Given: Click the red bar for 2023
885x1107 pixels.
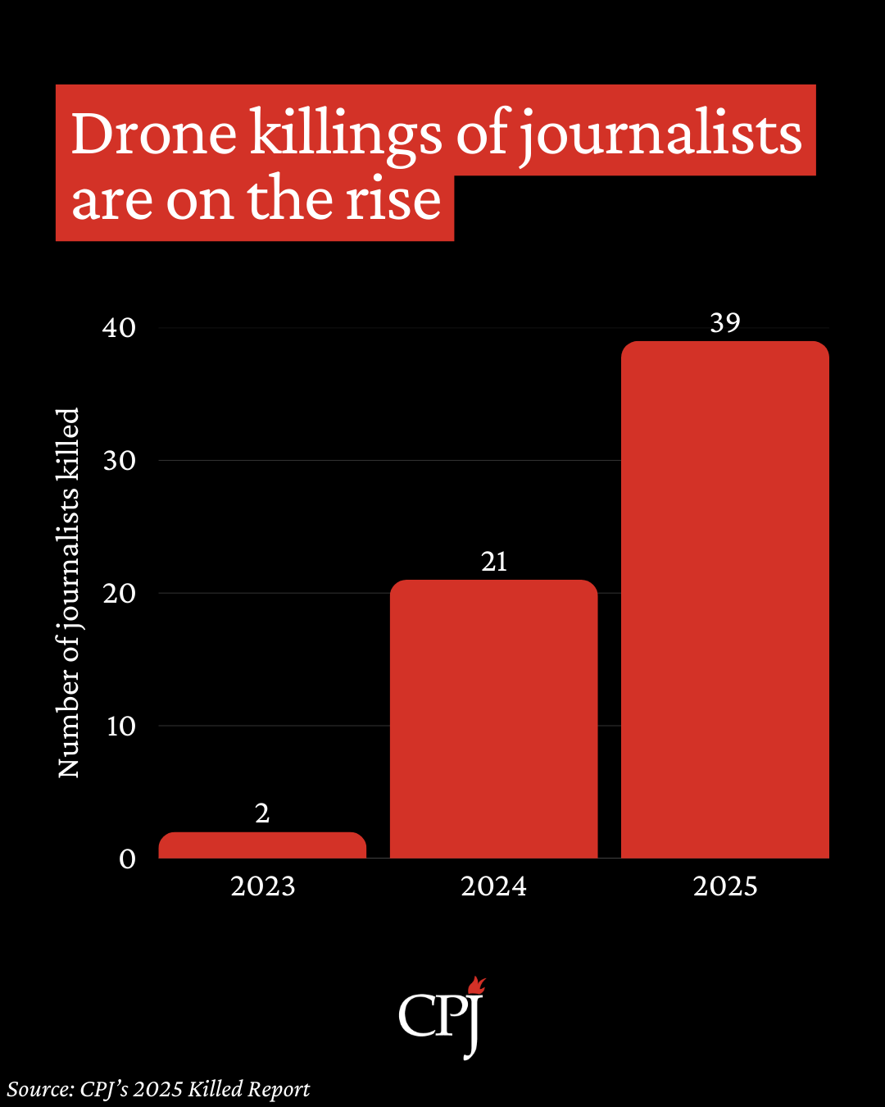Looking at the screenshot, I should tap(262, 845).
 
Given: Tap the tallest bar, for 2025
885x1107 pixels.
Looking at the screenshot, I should tap(725, 599).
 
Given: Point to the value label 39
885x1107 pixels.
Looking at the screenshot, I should tap(725, 323).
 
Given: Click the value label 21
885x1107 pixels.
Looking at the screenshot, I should tap(494, 562).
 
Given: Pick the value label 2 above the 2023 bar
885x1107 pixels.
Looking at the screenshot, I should tap(262, 813).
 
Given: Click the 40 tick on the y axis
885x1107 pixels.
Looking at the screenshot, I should tap(120, 328).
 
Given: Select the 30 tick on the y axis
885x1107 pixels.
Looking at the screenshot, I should tap(120, 461).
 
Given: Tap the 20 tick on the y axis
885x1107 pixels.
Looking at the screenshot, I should tap(120, 594).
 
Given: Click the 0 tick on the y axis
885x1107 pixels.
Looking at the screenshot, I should tap(127, 859).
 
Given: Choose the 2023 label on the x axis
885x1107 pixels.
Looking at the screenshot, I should tap(262, 886).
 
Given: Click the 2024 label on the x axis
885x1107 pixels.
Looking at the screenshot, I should tap(493, 886).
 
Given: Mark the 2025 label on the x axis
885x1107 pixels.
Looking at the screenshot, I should tap(725, 886).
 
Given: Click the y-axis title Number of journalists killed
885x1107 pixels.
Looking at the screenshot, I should tap(69, 592).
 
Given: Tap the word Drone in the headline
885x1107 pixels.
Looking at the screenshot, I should tap(154, 134).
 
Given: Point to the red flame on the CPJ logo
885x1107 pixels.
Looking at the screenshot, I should tap(476, 986).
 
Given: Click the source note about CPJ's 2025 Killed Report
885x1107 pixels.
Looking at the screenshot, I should tap(159, 1090).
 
